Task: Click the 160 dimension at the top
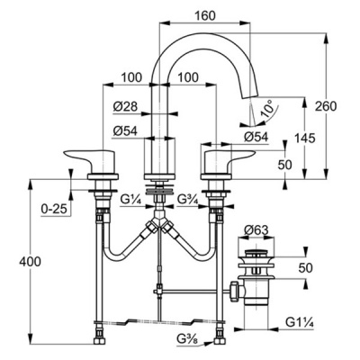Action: click(205, 15)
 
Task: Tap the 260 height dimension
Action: click(326, 106)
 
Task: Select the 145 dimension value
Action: click(305, 139)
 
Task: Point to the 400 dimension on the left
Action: click(30, 262)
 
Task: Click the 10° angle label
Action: click(267, 109)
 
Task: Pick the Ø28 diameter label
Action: click(125, 106)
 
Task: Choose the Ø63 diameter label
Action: click(256, 230)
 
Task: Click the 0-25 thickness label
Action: click(54, 209)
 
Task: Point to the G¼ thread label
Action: click(130, 199)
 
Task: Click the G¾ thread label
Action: click(187, 199)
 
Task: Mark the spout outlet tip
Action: click(249, 95)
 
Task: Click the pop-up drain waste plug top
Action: click(256, 253)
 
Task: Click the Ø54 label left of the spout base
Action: click(125, 130)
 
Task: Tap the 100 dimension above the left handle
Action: click(131, 77)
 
